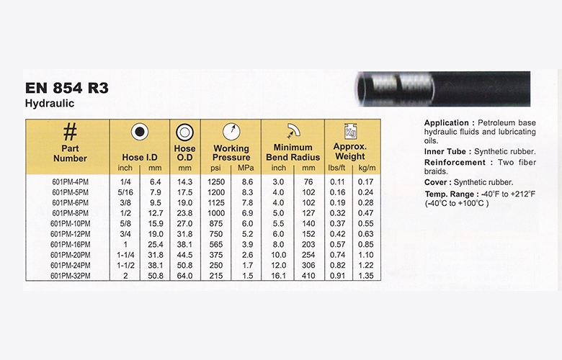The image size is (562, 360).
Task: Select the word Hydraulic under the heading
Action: pyautogui.click(x=50, y=104)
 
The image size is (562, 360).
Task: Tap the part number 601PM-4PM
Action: pyautogui.click(x=69, y=182)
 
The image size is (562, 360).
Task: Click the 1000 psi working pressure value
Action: pyautogui.click(x=215, y=213)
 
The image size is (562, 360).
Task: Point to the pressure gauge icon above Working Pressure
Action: pyautogui.click(x=231, y=132)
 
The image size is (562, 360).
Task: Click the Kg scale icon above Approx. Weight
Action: pyautogui.click(x=351, y=132)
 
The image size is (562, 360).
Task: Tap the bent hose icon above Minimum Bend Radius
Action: pyautogui.click(x=291, y=132)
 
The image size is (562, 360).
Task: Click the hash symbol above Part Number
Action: pyautogui.click(x=70, y=132)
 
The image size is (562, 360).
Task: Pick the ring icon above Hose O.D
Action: pyautogui.click(x=184, y=133)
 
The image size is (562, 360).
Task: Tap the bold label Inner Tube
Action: pyautogui.click(x=446, y=151)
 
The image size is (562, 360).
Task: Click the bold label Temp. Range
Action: pyautogui.click(x=450, y=194)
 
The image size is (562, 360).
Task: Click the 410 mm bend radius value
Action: pyautogui.click(x=308, y=275)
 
